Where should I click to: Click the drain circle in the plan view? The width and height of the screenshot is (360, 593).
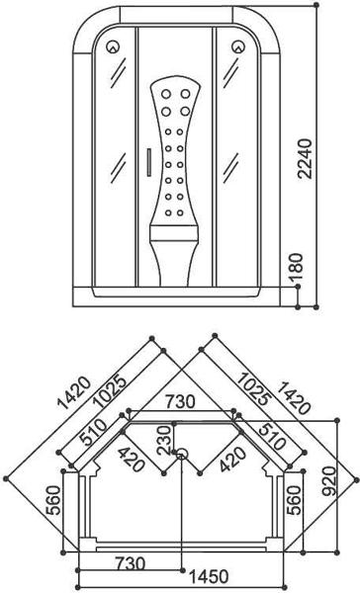pos(181,455)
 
